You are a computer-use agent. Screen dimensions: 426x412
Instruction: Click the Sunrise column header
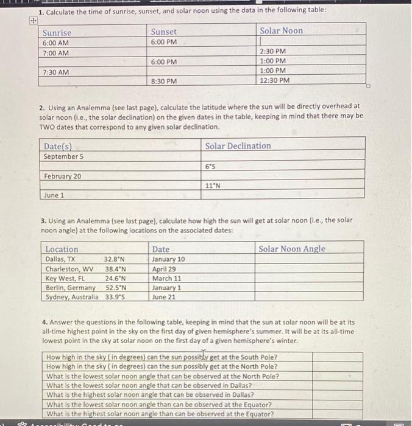pos(57,32)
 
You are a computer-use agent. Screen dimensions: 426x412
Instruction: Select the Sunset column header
pos(163,32)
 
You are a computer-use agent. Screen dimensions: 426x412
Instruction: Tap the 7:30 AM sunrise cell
pos(55,72)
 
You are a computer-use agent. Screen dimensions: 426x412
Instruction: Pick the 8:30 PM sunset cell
pos(163,81)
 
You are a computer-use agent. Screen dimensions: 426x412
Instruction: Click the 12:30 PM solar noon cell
pos(274,80)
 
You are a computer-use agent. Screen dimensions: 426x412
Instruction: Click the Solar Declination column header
pos(238,146)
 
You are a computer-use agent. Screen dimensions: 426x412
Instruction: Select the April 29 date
pos(164,268)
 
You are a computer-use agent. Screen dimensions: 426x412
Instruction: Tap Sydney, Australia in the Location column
pos(72,297)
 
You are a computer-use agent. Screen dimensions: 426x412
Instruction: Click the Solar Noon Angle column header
pos(291,249)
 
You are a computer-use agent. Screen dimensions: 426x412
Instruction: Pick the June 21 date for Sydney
pos(163,297)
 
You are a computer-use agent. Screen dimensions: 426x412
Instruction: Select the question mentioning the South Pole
pos(162,357)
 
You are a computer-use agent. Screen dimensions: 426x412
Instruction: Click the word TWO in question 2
pos(48,127)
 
